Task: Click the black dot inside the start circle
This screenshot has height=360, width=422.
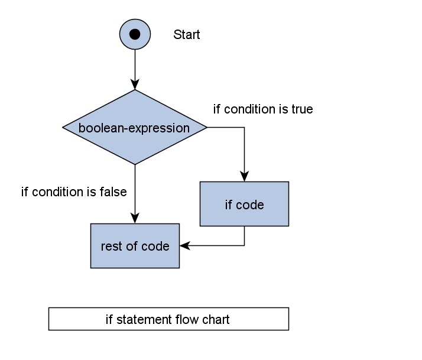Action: [x=135, y=34]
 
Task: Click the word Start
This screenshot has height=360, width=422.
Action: [x=186, y=35]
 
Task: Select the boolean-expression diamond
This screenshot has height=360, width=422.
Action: [x=135, y=128]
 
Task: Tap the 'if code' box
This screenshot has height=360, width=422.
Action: [x=244, y=204]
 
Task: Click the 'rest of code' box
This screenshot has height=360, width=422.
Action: [x=135, y=245]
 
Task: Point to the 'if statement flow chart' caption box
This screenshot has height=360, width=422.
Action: [x=168, y=319]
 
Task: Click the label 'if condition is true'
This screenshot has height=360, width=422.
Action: [x=262, y=109]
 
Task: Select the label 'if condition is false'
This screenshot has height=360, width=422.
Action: [x=74, y=192]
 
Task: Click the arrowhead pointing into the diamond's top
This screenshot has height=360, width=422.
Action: [x=135, y=85]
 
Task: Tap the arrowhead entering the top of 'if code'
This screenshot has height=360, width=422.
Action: [x=244, y=176]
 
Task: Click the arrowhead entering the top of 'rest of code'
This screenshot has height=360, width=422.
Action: [x=135, y=218]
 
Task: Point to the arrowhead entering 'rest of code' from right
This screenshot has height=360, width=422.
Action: [x=184, y=245]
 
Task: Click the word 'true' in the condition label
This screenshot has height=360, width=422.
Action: [x=302, y=109]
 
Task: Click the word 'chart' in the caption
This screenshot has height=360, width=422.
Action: [x=216, y=320]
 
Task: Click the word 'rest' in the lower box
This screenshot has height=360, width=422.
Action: [x=111, y=246]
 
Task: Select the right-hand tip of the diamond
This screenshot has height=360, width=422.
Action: [x=206, y=128]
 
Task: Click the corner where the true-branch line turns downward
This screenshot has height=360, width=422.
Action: [x=244, y=128]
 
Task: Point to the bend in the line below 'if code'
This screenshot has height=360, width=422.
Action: [x=244, y=245]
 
